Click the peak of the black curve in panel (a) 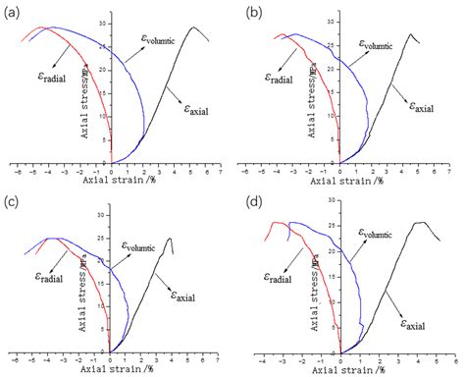194,27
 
